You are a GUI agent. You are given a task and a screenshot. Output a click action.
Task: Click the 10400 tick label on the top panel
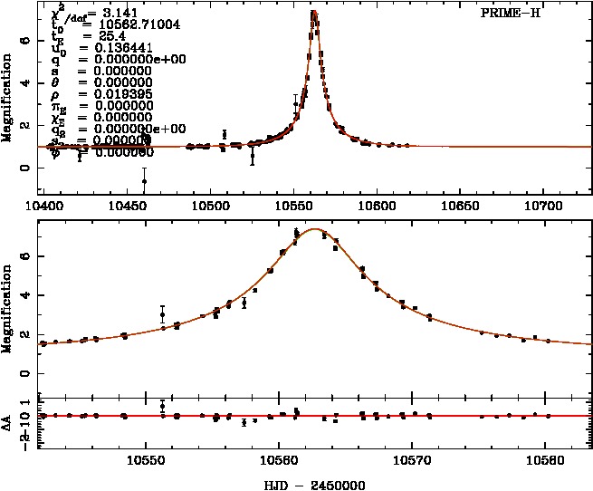(51, 207)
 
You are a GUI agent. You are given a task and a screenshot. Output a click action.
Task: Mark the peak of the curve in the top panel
(313, 12)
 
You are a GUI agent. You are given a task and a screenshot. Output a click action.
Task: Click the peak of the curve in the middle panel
(313, 229)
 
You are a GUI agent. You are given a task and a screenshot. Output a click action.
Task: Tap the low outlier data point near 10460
(144, 181)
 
